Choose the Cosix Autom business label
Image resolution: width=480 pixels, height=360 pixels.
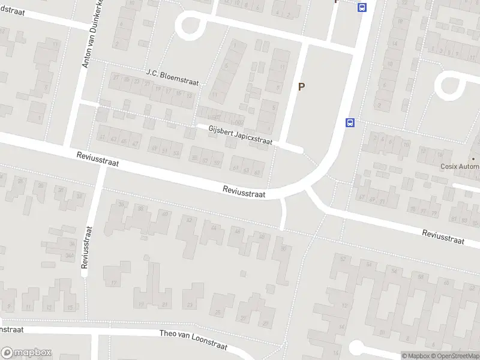(460, 166)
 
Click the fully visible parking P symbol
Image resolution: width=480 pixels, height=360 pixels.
(302, 86)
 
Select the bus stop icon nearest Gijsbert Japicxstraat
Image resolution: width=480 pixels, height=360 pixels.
(350, 122)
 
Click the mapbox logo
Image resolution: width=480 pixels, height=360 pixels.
(26, 353)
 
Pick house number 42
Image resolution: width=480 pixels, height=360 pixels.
(191, 220)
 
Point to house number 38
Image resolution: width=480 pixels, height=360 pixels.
(140, 208)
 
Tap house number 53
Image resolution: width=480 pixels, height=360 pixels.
(176, 154)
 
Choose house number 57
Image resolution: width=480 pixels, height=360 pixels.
(205, 161)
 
